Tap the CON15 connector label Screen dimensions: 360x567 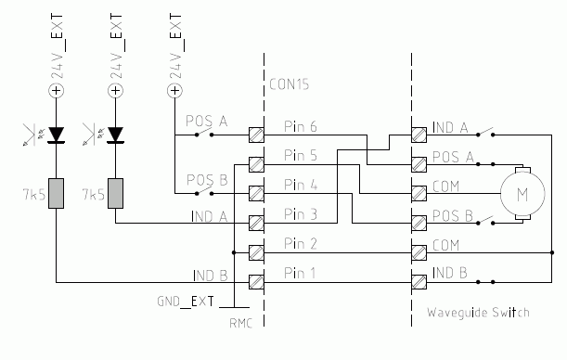[x=289, y=84]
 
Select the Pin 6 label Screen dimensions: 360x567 [x=302, y=125]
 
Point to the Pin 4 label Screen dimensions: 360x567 [x=302, y=185]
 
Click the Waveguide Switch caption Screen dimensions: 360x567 [x=478, y=313]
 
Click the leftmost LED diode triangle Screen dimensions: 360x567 [x=57, y=135]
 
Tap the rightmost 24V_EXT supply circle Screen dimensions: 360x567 [x=174, y=91]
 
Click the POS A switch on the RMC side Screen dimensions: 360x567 [x=205, y=134]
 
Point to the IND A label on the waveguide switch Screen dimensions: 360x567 [x=451, y=126]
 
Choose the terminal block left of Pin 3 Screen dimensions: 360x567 [x=252, y=223]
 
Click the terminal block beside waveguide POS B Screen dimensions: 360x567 [x=420, y=223]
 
